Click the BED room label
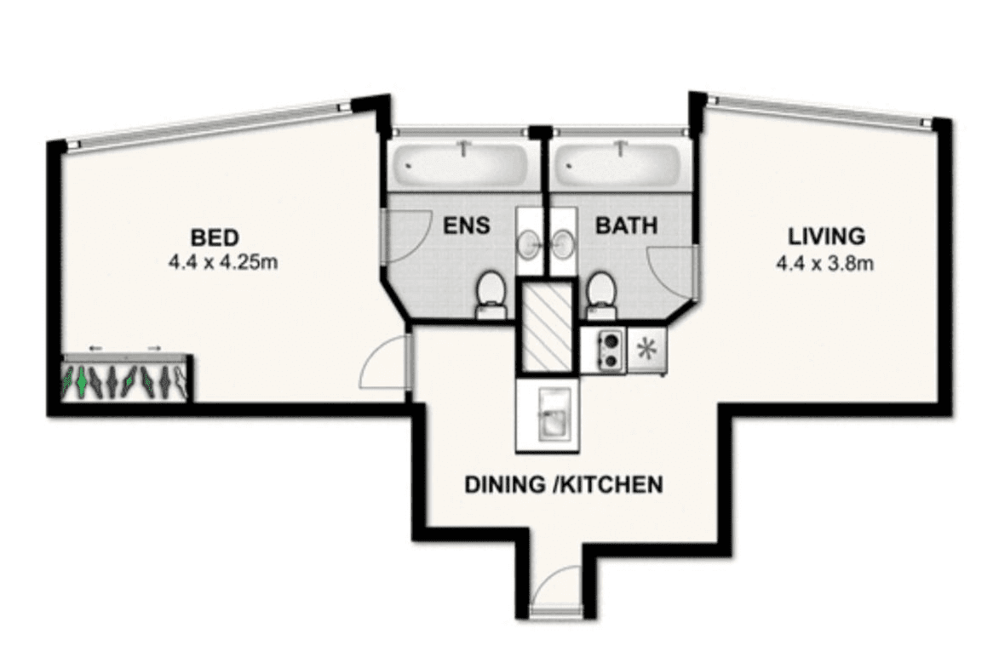215,238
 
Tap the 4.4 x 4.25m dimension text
223,261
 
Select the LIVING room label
826,236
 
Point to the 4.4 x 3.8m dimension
824,262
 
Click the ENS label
467,226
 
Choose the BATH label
626,226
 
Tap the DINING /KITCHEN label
564,484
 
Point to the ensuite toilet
491,294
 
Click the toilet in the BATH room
599,294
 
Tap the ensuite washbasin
530,243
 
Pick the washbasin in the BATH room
562,243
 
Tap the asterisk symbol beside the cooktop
646,350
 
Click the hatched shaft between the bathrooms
548,325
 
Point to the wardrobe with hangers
126,379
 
